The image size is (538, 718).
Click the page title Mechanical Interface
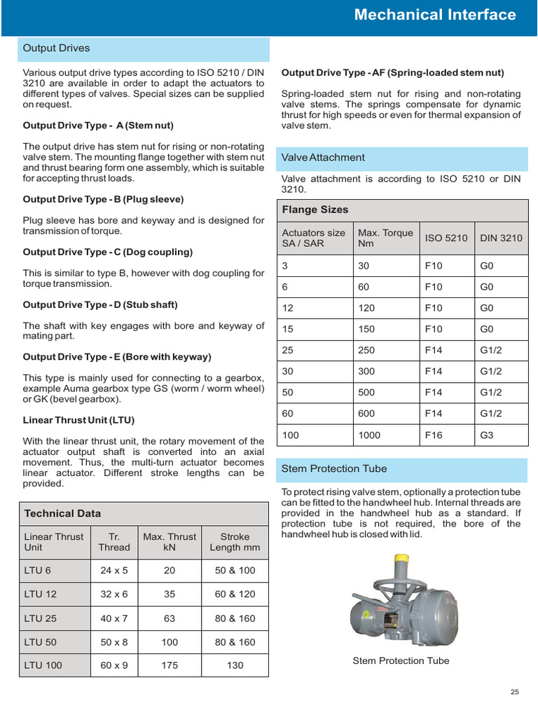click(x=434, y=15)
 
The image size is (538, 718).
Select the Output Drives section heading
click(x=57, y=48)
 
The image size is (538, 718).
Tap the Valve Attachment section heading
click(x=323, y=158)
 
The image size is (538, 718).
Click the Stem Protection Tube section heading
click(x=333, y=468)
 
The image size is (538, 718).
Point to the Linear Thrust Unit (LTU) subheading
click(x=78, y=420)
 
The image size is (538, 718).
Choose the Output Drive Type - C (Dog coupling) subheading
click(x=108, y=252)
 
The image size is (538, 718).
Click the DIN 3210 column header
click(x=501, y=238)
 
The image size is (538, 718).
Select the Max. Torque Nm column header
click(x=385, y=238)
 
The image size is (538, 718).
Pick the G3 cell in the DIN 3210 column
click(x=487, y=435)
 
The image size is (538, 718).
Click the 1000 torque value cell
click(x=369, y=435)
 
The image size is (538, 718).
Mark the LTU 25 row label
click(x=41, y=618)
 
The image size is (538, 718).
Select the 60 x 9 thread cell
click(x=114, y=665)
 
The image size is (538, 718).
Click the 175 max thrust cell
click(x=170, y=665)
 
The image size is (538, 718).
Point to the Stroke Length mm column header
click(x=235, y=542)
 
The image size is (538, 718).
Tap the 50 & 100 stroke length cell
click(x=235, y=571)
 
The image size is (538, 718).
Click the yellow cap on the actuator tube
click(x=401, y=561)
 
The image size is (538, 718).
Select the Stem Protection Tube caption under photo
click(x=401, y=661)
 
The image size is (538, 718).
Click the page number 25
click(x=514, y=692)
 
